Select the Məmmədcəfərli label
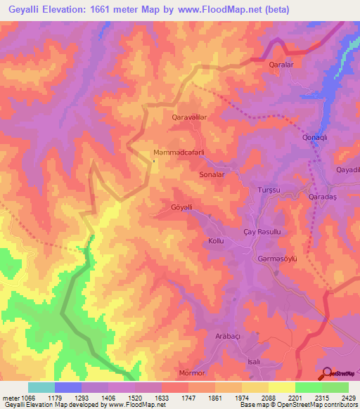179,152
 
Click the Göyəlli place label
181,207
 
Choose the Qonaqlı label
315,137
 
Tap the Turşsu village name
269,190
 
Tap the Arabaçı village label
229,337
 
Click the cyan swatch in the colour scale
41,387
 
